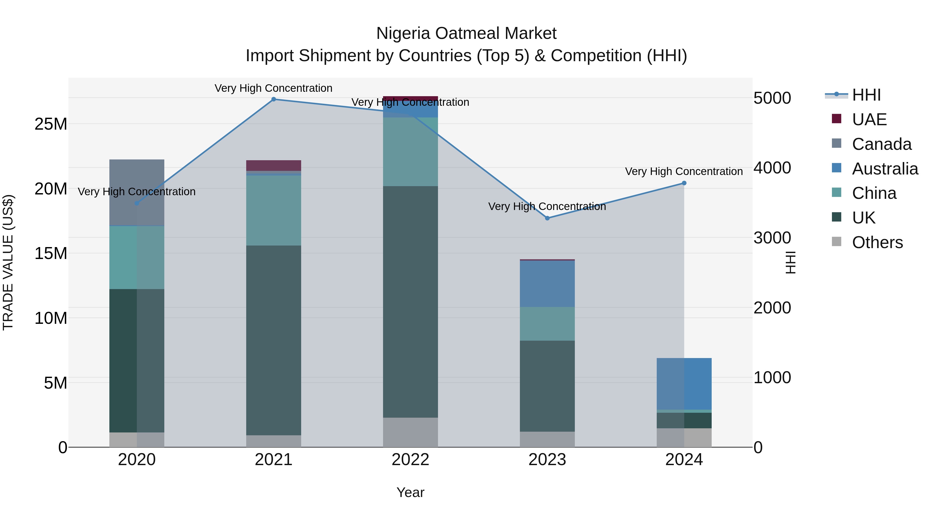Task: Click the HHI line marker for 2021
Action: [273, 99]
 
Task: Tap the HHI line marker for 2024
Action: [684, 183]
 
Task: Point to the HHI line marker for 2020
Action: [137, 203]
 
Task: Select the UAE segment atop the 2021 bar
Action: [273, 165]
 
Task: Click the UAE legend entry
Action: [869, 120]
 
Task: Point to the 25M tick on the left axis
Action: [51, 124]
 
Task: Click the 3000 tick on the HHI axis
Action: [772, 238]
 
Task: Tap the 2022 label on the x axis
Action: [410, 460]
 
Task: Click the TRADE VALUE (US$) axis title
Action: [8, 262]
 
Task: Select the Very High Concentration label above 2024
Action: [684, 171]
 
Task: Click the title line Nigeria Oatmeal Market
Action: [466, 33]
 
